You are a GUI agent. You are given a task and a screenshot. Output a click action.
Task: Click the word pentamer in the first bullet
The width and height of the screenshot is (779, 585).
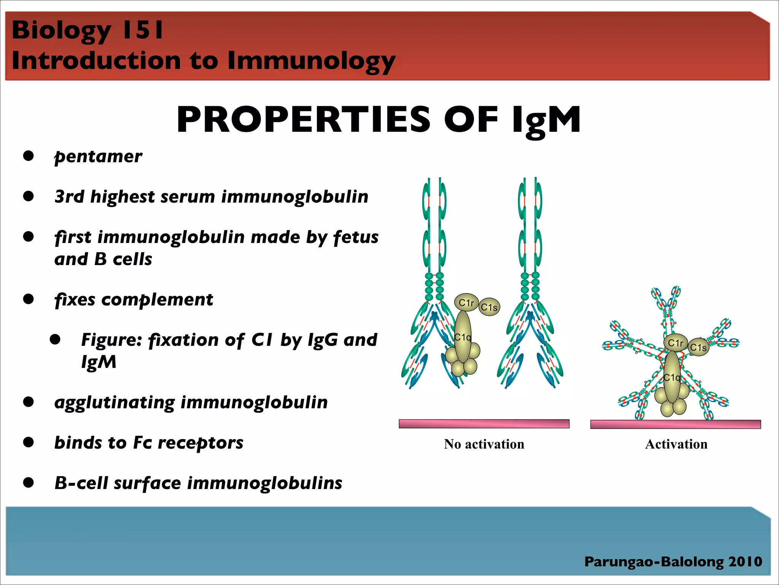tap(98, 157)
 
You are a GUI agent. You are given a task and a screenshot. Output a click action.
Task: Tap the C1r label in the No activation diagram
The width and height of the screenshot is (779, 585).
tap(466, 303)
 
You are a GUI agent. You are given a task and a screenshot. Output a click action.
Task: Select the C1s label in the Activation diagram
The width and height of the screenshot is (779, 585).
tap(698, 347)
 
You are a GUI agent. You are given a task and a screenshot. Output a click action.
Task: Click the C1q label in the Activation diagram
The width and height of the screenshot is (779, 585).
tap(672, 377)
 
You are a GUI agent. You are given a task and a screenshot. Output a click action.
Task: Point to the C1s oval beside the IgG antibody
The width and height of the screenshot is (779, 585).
tap(489, 307)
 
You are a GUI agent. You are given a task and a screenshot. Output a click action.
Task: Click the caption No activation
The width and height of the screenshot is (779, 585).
tap(484, 444)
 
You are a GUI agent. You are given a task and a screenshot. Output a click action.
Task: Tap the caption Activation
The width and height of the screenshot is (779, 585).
tap(676, 444)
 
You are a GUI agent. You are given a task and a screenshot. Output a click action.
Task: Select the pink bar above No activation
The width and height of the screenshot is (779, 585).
tap(484, 424)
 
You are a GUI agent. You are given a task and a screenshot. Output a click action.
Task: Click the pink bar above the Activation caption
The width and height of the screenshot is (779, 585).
tap(675, 424)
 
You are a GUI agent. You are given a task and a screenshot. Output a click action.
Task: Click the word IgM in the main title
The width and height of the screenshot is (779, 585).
tap(546, 120)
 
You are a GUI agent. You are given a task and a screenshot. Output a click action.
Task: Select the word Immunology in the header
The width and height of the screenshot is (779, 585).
tap(311, 61)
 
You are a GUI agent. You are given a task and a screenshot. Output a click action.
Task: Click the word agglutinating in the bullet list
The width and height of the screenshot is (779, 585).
tap(114, 403)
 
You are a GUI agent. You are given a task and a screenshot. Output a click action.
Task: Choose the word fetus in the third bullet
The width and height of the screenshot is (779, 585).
tap(356, 237)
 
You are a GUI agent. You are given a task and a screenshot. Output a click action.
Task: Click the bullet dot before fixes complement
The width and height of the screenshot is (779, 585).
tap(29, 299)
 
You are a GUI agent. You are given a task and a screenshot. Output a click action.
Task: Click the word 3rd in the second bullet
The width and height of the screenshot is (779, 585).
tap(69, 197)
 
